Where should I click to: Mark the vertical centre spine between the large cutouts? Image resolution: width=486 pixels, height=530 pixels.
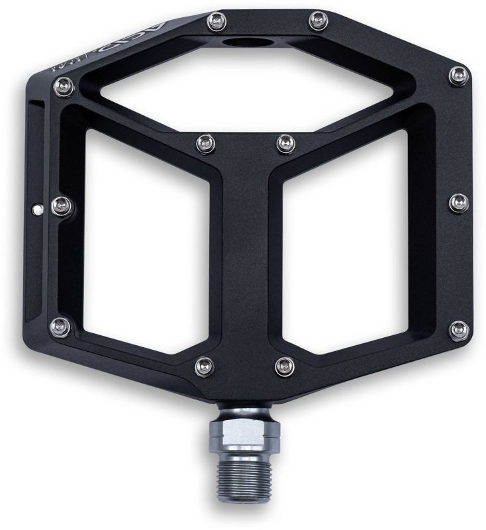click(x=244, y=265)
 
